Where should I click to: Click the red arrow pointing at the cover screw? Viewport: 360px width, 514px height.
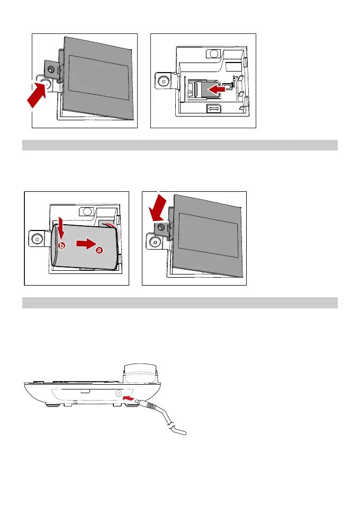point(157,207)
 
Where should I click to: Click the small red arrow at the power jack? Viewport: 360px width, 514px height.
point(129,397)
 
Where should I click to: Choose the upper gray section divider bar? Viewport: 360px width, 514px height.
point(180,145)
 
